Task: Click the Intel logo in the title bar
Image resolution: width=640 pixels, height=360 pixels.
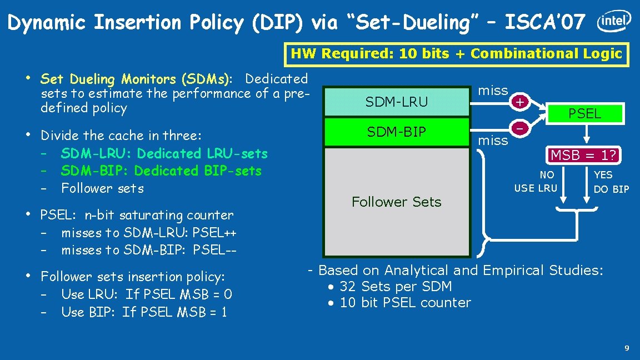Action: pos(614,22)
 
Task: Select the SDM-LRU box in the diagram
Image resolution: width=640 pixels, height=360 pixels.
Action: pos(397,102)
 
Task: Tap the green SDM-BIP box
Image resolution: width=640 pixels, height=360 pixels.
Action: pos(397,132)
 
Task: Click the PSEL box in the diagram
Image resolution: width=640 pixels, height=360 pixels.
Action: pos(585,114)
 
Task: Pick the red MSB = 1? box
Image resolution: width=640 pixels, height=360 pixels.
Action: pos(585,155)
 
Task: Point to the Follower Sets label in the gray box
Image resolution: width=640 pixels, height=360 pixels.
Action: pos(397,202)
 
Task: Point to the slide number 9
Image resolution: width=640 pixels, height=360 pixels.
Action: pos(627,348)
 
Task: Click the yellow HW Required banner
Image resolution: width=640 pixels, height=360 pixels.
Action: pos(456,54)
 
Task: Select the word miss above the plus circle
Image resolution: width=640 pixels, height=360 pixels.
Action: pos(493,91)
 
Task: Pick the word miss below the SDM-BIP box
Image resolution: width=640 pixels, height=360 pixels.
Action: pos(493,141)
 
